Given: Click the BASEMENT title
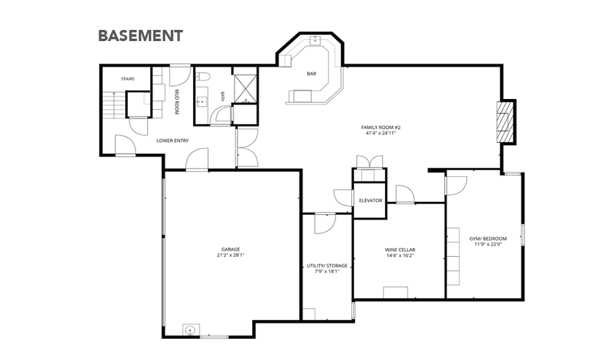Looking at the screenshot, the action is point(140,36).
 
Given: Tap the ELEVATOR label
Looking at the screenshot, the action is point(370,201).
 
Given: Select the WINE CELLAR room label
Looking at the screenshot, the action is point(400,250).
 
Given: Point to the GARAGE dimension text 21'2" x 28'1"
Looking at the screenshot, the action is point(230,255).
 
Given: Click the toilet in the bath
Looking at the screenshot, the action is point(203,77).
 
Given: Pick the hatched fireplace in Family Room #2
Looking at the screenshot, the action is point(505,122).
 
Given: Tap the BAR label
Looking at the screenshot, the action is point(311,73).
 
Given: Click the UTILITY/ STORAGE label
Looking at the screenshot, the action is point(327,266).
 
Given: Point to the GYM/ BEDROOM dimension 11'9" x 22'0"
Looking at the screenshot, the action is point(488,244).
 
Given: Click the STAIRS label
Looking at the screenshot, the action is point(128,79).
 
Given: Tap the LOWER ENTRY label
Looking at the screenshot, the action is point(173,141).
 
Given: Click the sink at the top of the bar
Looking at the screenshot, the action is point(315,40).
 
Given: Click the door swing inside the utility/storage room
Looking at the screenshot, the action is point(325,224).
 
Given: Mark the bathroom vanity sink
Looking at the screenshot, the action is point(201,102).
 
